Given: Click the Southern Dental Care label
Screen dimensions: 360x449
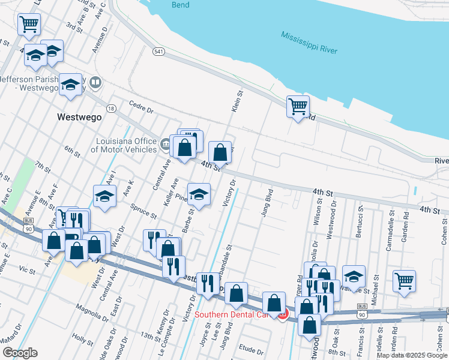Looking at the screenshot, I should (235, 313).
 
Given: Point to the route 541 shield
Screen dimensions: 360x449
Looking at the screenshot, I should (158, 52).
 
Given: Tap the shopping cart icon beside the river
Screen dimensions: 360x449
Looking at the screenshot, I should (298, 107).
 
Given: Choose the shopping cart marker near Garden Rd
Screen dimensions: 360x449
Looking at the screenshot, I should (405, 280).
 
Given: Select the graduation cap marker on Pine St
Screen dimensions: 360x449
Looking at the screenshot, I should (199, 194).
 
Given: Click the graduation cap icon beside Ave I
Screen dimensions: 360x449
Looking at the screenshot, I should (104, 196).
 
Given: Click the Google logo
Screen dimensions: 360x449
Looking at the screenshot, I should (20, 353).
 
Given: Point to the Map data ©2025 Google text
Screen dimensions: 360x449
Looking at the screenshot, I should (412, 355).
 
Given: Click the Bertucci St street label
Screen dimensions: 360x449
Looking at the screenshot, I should (360, 223).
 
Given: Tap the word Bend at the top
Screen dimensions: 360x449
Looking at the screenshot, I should (180, 5).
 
